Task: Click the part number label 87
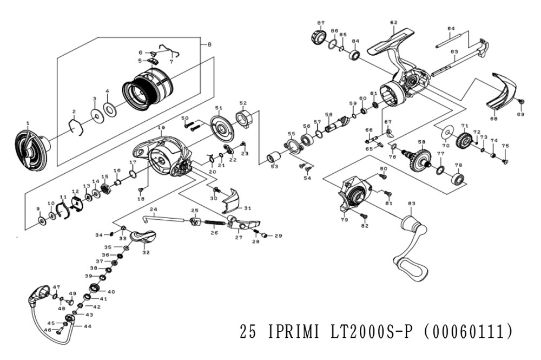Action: click(x=321, y=23)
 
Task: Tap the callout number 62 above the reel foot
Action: click(x=393, y=23)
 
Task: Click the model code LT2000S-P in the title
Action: click(x=368, y=332)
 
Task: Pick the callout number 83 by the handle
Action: click(x=411, y=204)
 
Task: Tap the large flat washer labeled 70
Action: click(x=447, y=132)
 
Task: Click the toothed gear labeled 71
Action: click(x=464, y=140)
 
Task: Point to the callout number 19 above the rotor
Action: click(x=161, y=128)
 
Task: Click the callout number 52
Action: click(x=243, y=103)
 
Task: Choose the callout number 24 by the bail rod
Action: click(x=153, y=210)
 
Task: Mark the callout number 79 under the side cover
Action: click(x=344, y=220)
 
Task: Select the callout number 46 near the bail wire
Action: click(x=47, y=330)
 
